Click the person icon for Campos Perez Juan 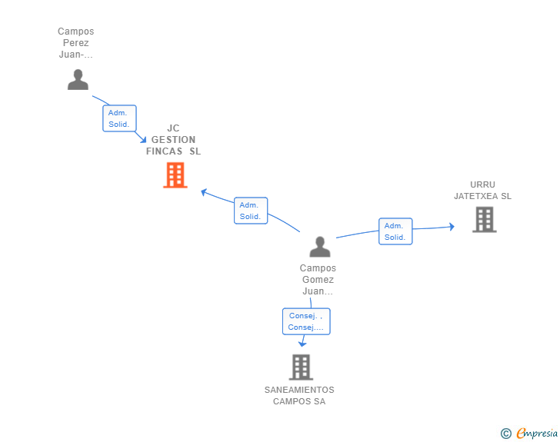tap(78, 80)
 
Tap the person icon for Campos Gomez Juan tap(320, 247)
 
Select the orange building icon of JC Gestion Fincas tap(175, 175)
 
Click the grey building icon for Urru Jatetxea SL tap(485, 220)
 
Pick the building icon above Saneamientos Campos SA tap(301, 367)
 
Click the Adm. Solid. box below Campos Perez tap(120, 118)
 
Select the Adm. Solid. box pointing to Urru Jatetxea tap(395, 231)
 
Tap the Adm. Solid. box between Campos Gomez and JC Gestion tap(251, 211)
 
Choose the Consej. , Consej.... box tap(306, 321)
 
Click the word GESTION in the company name tap(173, 140)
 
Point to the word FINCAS tap(164, 151)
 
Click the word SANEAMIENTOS tap(299, 390)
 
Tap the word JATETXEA tap(476, 196)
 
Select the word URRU tap(482, 184)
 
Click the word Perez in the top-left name tap(75, 43)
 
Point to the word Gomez tap(318, 280)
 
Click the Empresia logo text tap(537, 433)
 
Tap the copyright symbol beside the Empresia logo tap(505, 434)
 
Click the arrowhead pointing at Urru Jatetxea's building tap(452, 226)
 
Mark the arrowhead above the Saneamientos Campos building tap(302, 344)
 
